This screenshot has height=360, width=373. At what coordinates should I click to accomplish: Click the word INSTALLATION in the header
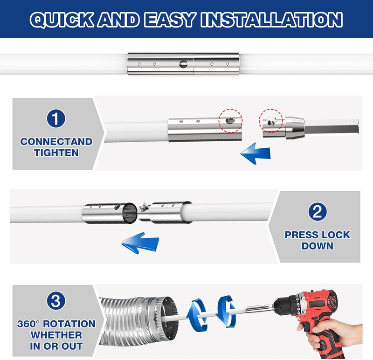271,20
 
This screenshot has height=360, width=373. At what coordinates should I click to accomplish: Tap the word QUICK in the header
62,20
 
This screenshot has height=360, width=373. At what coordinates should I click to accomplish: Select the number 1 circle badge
56,118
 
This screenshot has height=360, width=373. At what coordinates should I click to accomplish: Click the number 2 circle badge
318,212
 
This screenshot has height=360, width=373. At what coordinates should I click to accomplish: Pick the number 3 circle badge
56,300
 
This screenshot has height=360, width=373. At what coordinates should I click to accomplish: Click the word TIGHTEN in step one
56,153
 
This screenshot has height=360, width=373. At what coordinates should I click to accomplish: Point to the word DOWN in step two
318,246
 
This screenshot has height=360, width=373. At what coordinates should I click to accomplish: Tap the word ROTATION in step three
69,324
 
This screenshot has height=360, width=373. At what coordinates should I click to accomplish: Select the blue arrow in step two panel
140,243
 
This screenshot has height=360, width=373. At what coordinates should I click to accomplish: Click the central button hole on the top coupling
183,64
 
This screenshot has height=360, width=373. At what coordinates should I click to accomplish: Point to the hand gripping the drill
333,333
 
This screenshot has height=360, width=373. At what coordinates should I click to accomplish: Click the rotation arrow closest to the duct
197,315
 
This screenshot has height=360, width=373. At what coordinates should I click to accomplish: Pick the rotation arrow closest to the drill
226,312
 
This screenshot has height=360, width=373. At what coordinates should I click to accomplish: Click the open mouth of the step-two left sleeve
130,213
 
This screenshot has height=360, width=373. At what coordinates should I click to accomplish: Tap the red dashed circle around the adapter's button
271,121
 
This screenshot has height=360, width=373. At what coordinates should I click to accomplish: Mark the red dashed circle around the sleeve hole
230,121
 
